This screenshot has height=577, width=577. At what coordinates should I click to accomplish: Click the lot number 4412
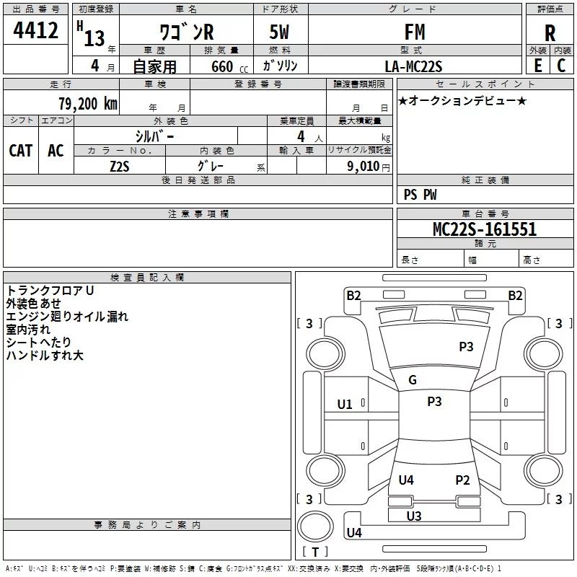tap(35, 30)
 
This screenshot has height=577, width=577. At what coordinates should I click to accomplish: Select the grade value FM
tap(415, 32)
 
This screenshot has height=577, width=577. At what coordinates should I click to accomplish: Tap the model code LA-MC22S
tap(413, 66)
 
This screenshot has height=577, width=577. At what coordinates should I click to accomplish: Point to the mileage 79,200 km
tap(88, 103)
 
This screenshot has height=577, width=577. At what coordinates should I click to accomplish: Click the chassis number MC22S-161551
tap(485, 229)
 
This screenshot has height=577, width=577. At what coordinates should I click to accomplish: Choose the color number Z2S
tap(120, 167)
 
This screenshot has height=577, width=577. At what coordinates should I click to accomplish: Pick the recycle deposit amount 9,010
tap(364, 166)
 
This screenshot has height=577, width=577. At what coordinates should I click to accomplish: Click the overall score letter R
tap(550, 33)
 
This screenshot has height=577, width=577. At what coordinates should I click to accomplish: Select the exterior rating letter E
tap(537, 66)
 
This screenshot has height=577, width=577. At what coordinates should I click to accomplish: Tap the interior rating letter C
tap(561, 66)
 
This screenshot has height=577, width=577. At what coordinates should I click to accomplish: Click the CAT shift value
tap(21, 151)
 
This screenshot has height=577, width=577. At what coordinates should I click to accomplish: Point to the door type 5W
tap(279, 32)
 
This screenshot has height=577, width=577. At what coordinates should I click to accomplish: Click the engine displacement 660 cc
tap(229, 67)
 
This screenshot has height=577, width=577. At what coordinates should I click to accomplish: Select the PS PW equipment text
tap(420, 195)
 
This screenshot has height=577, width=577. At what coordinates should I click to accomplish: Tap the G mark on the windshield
tap(413, 380)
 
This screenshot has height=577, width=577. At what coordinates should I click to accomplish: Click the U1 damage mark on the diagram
tap(345, 405)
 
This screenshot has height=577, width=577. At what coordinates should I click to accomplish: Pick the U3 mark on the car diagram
tap(414, 516)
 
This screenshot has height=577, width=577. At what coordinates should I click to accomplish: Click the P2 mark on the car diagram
tap(462, 480)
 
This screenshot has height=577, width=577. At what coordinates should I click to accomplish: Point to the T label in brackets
tap(315, 552)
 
